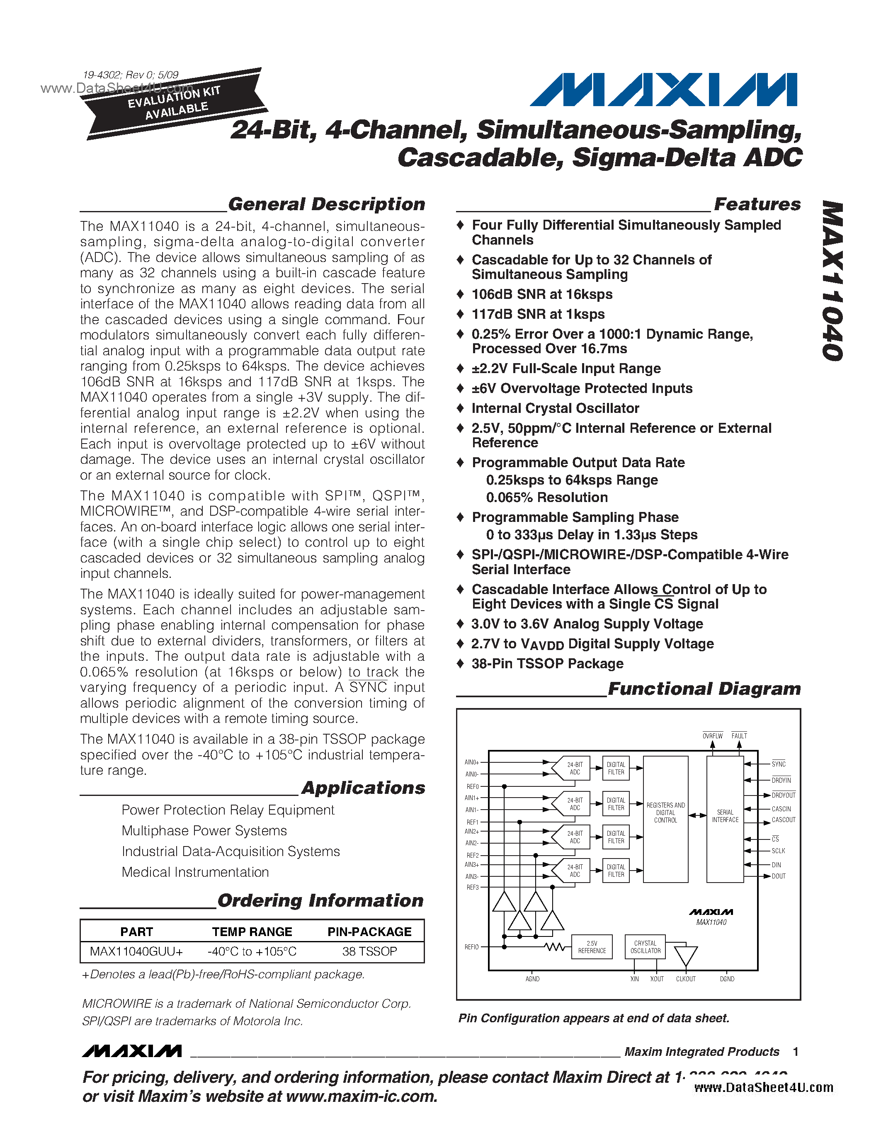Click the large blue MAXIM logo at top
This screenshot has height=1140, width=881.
663,90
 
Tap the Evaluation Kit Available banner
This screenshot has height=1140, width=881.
175,103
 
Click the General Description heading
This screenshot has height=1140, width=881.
326,204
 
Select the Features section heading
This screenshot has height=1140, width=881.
757,204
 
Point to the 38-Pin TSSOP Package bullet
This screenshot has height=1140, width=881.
547,663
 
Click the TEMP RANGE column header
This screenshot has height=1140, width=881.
252,932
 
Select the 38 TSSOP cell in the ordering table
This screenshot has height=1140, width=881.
369,951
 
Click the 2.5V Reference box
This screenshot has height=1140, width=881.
592,947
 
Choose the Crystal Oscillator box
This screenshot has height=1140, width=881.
645,947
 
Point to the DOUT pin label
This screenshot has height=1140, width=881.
778,876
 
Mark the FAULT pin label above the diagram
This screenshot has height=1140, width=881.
739,736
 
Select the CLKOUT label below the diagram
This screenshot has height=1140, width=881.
685,979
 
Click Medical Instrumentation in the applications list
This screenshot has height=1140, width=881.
195,872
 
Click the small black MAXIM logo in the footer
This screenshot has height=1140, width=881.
131,1051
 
